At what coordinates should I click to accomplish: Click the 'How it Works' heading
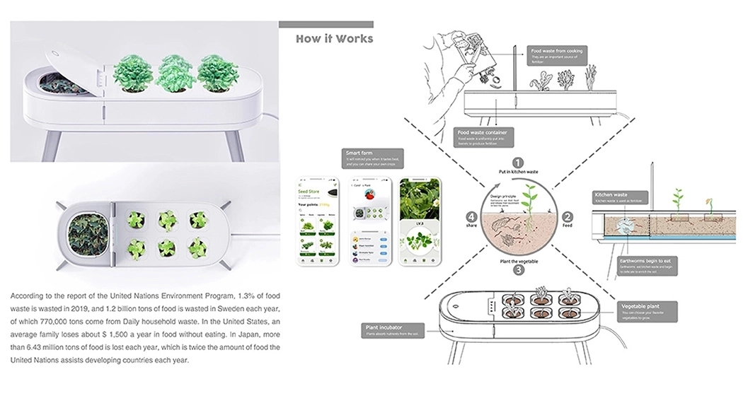(334, 38)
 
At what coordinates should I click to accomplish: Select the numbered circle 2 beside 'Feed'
(568, 217)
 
